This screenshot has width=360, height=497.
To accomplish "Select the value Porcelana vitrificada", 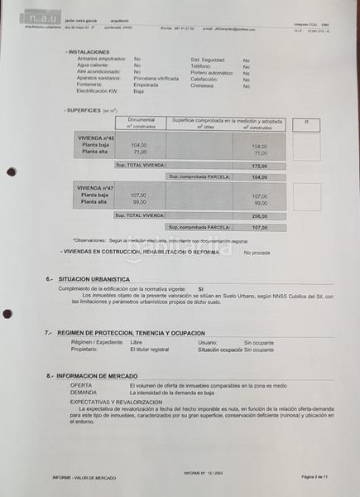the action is pyautogui.click(x=156, y=78).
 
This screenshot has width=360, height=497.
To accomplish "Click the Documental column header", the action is pyautogui.click(x=141, y=121).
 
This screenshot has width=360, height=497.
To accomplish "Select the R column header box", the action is pyautogui.click(x=306, y=122).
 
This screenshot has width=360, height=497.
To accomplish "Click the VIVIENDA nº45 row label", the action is pyautogui.click(x=96, y=138).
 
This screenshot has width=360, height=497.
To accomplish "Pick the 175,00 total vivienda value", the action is pyautogui.click(x=261, y=166).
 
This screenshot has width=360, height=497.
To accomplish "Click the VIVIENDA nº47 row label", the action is pyautogui.click(x=96, y=188).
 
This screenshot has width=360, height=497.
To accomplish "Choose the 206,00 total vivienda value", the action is pyautogui.click(x=261, y=215).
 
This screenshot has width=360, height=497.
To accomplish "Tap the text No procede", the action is pyautogui.click(x=257, y=252).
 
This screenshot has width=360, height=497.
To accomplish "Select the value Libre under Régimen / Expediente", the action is pyautogui.click(x=136, y=341).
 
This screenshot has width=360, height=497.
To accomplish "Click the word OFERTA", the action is pyautogui.click(x=81, y=385).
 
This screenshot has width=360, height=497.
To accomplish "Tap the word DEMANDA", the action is pyautogui.click(x=83, y=392).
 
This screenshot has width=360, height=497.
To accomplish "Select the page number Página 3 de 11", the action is pyautogui.click(x=314, y=478).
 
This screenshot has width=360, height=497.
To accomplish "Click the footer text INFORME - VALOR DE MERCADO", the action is pyautogui.click(x=84, y=478).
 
